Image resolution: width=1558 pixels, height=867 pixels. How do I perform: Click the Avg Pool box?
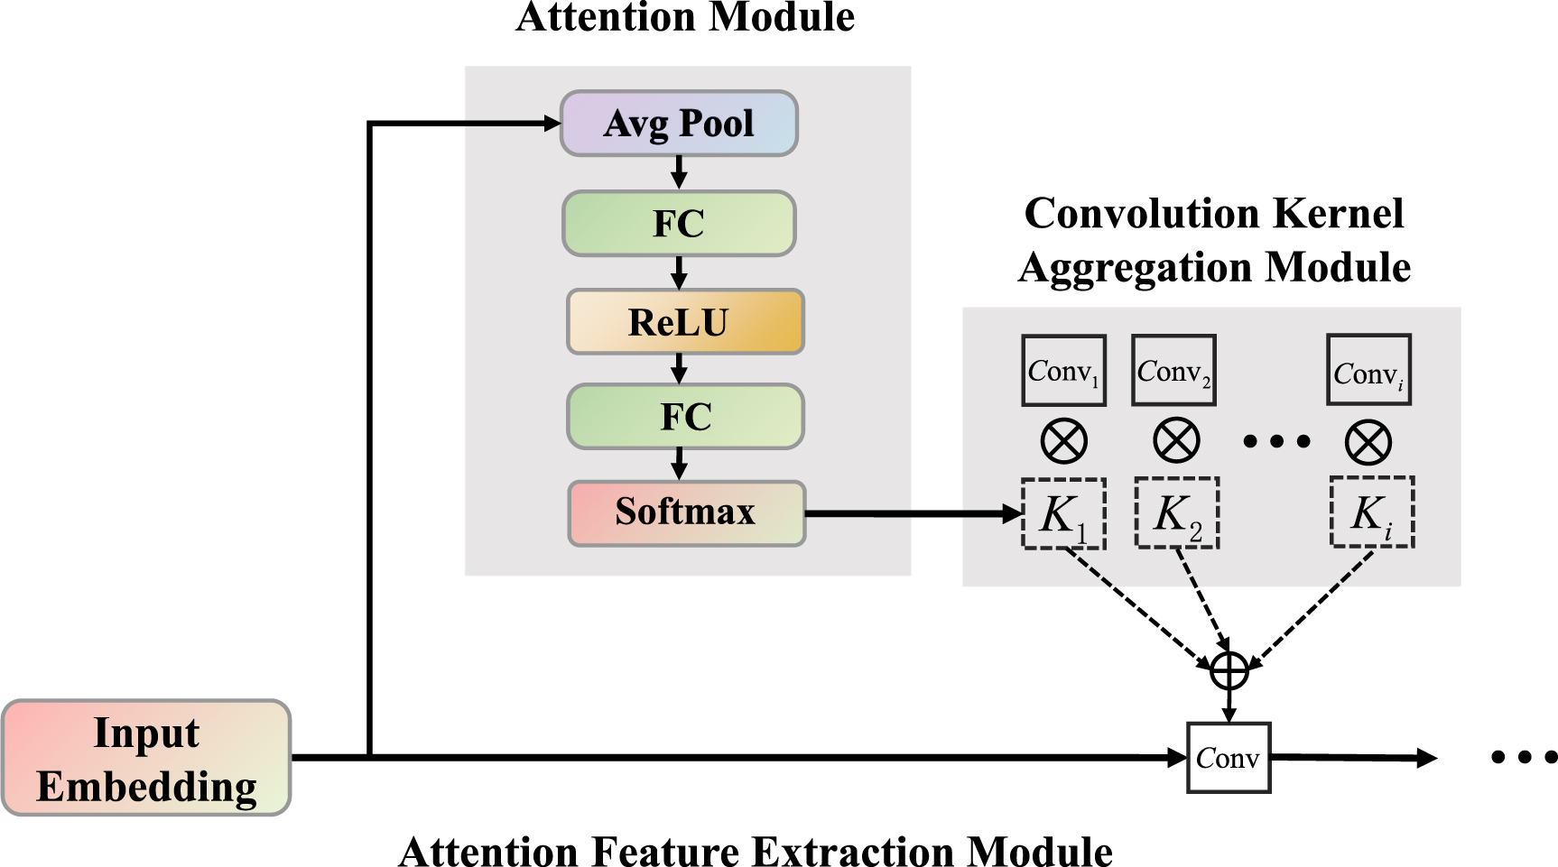click(679, 124)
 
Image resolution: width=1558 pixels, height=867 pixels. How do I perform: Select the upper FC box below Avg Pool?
click(679, 223)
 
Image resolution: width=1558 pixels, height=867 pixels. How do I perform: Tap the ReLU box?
click(684, 322)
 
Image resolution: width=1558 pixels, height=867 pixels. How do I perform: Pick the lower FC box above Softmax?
click(685, 417)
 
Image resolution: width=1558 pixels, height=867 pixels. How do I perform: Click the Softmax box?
click(686, 512)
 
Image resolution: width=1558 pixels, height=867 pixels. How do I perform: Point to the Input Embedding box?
click(146, 758)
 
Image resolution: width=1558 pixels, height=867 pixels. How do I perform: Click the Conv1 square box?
click(1063, 371)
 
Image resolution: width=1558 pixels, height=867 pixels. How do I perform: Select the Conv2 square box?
click(1173, 371)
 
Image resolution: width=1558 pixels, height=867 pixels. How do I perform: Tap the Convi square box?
click(1368, 371)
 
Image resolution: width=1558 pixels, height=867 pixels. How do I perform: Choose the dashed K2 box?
click(1177, 513)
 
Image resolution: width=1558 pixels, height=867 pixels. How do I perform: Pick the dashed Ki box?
click(1372, 512)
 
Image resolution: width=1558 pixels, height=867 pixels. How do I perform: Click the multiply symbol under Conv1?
click(1064, 442)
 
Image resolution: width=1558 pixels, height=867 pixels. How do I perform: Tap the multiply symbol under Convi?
click(1368, 442)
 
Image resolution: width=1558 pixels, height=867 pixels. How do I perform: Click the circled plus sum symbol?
click(1229, 670)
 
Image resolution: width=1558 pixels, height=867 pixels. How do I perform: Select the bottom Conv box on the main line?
click(1229, 758)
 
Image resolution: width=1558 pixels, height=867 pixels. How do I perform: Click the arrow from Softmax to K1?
click(912, 514)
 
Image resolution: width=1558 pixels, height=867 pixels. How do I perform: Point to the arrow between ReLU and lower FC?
click(680, 368)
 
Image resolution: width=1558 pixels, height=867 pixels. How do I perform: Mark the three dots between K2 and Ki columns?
click(1276, 441)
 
